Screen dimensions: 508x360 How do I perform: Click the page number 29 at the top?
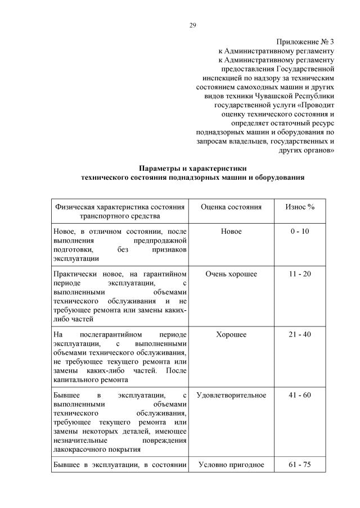tap(193, 25)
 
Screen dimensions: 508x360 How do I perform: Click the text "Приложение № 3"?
tap(306, 42)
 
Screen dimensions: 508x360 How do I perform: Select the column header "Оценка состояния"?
tap(231, 207)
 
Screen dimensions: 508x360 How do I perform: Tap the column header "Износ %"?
tap(300, 207)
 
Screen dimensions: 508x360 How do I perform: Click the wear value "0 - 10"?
tap(300, 232)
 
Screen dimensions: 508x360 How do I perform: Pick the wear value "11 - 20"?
tap(300, 274)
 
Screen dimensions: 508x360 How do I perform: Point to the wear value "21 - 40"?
tap(300, 334)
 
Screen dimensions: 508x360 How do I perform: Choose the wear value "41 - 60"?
tap(300, 395)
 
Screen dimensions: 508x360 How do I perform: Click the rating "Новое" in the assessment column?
tap(231, 232)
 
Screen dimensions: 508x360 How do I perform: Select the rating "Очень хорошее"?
tap(231, 274)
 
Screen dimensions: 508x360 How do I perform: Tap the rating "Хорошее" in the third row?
tap(231, 334)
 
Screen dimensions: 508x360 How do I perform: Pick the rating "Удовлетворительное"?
tap(231, 395)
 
